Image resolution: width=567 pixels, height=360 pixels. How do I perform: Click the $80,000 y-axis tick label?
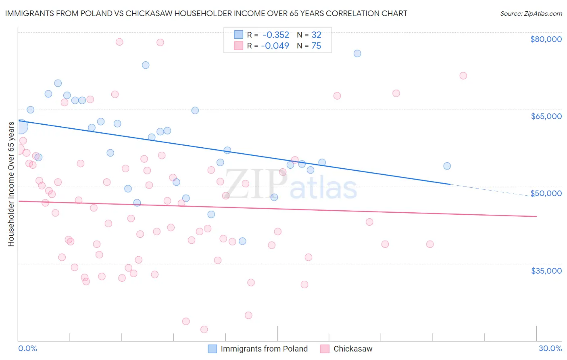[x=546, y=39]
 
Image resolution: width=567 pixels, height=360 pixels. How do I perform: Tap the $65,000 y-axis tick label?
[x=546, y=116]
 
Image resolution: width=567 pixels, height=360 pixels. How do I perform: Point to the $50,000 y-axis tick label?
[x=546, y=193]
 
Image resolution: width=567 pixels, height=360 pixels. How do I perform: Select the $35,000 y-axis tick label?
[x=546, y=270]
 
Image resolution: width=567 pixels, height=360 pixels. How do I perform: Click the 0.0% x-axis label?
[x=27, y=348]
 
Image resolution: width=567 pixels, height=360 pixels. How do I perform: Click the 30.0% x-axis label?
[x=550, y=348]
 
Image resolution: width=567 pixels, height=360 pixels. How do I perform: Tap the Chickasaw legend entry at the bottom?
[x=352, y=349]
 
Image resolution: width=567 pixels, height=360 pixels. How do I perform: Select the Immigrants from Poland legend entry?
[x=264, y=349]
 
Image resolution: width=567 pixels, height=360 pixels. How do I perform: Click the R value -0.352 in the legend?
[x=275, y=35]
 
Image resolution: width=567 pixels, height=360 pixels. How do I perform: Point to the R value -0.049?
[x=275, y=46]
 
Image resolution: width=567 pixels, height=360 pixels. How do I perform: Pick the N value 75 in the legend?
[x=316, y=46]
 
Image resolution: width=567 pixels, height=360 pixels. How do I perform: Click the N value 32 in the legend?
[x=316, y=35]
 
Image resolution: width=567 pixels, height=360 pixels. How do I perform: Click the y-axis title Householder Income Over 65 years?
[x=11, y=184]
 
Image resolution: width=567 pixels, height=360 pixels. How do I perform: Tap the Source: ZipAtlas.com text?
[x=531, y=13]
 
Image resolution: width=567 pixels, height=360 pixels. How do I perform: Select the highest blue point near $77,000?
[x=357, y=53]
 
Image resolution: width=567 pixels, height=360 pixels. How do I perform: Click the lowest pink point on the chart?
[x=204, y=329]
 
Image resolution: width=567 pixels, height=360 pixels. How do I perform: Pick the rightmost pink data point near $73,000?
[x=463, y=75]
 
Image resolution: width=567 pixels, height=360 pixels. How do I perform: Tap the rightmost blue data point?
[x=447, y=166]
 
